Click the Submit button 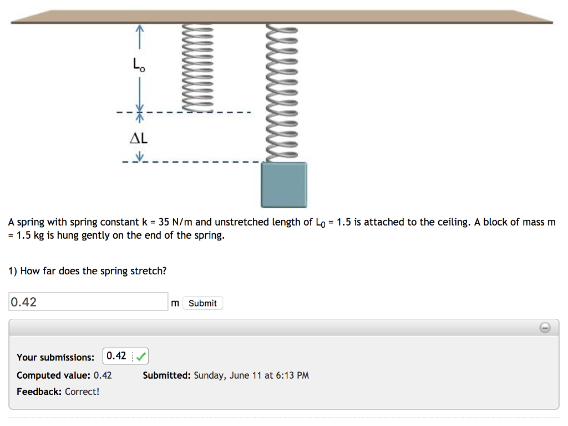coord(202,303)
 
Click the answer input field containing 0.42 coord(88,302)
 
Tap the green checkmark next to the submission coord(141,356)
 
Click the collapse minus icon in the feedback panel coord(545,328)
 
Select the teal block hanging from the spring coord(284,185)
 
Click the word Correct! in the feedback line coord(82,392)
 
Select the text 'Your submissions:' coord(55,357)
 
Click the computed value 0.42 coord(103,375)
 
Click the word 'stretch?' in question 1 coord(148,271)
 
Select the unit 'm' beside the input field coord(175,303)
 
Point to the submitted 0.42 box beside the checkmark coord(116,356)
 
